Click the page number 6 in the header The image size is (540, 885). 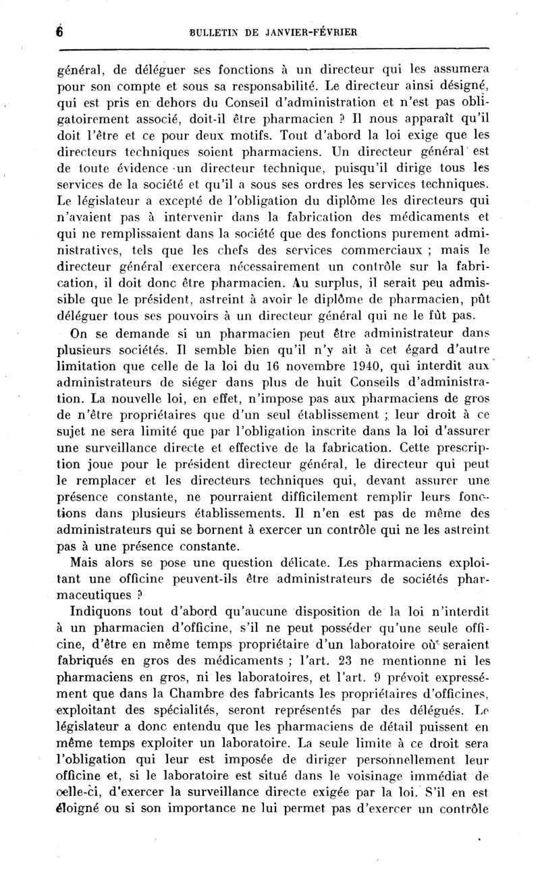point(59,31)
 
